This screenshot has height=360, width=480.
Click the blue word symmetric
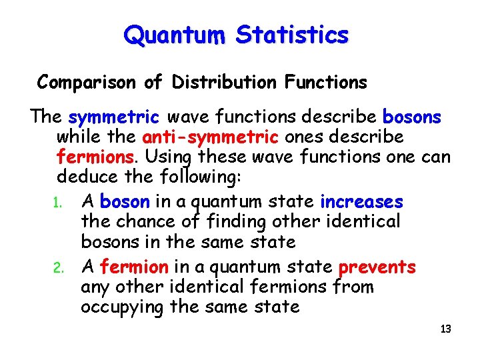113,118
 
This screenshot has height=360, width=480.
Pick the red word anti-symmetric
211,137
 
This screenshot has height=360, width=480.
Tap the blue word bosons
412,118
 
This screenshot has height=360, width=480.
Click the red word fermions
95,158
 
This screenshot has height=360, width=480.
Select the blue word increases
362,201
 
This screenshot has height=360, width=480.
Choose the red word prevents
377,267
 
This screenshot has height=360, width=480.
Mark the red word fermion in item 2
134,267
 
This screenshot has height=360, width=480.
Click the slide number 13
446,329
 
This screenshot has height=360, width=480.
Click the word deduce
84,177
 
